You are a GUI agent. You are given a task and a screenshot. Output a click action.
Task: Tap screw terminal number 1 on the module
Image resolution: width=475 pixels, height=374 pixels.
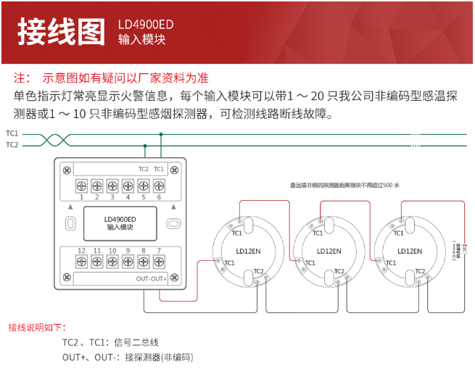(x=82, y=186)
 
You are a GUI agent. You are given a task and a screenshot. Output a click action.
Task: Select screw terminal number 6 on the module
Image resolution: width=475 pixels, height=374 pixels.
(x=158, y=186)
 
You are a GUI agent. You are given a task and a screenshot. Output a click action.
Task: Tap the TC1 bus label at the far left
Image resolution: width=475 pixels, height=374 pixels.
(x=12, y=133)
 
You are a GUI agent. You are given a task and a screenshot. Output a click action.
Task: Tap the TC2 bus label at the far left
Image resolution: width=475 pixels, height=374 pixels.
(x=12, y=145)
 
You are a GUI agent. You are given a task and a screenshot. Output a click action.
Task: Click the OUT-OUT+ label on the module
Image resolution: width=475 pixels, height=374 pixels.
(x=151, y=278)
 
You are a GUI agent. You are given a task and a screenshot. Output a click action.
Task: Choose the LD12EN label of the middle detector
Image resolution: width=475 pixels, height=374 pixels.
(x=329, y=252)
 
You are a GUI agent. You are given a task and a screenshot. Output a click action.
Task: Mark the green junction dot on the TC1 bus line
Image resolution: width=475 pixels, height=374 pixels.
(x=161, y=134)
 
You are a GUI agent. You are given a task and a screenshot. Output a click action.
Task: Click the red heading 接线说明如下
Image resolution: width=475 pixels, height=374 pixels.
(x=37, y=327)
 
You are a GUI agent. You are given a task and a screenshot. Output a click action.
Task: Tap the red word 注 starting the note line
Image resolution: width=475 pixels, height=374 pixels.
(x=21, y=78)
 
